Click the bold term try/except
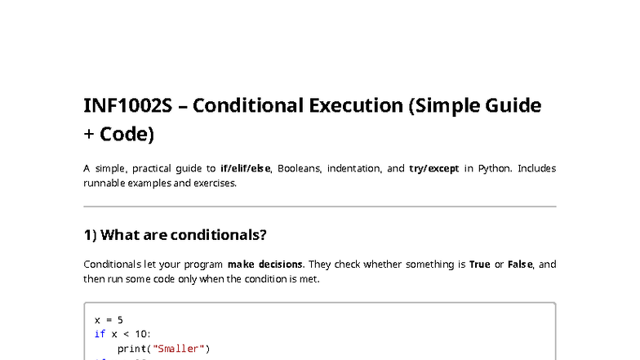coord(434,169)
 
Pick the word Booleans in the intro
coord(299,169)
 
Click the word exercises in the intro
coord(214,183)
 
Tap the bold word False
coord(520,264)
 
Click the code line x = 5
coord(109,320)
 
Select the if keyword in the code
coord(100,334)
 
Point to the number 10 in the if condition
coord(143,334)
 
